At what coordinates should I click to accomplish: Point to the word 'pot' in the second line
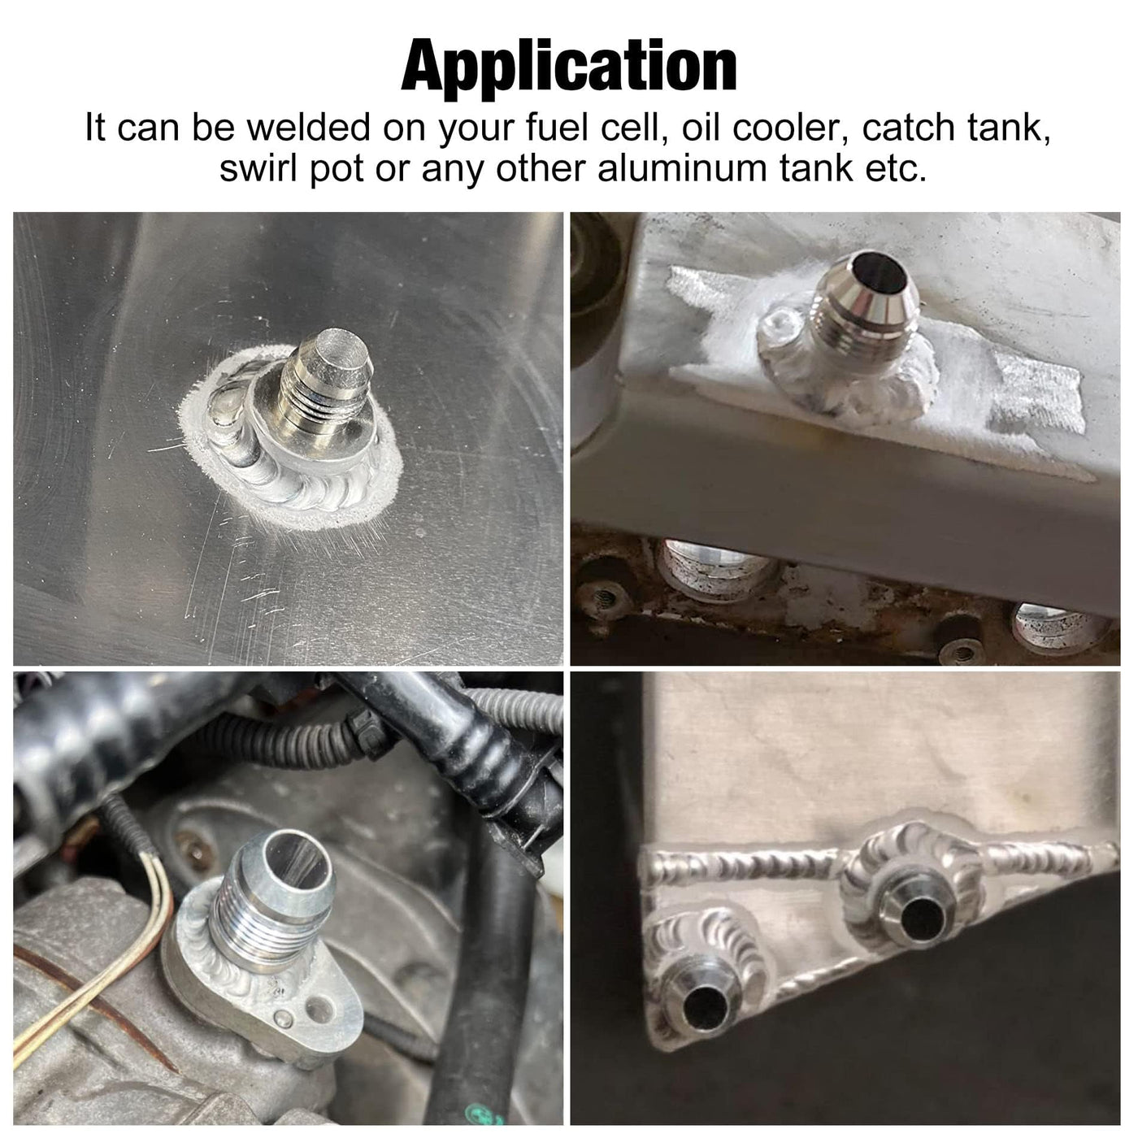pos(337,171)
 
